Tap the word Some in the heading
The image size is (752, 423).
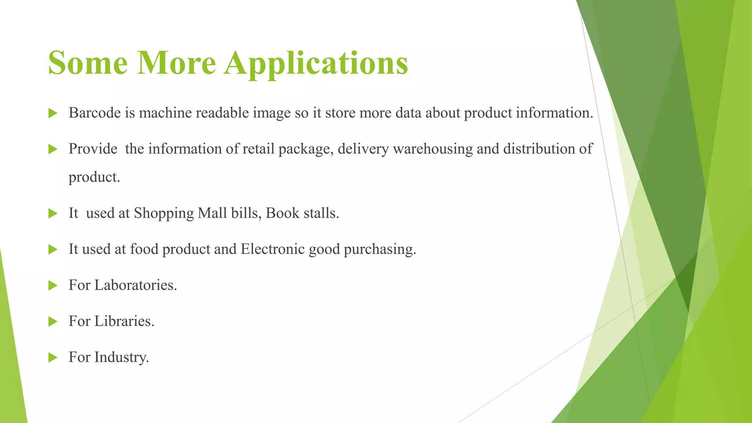click(x=88, y=63)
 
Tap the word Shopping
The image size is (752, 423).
click(x=163, y=213)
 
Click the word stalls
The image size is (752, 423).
click(x=321, y=213)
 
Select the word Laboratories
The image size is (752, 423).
click(x=135, y=285)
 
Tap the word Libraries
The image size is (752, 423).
click(x=124, y=321)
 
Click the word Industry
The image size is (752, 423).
click(x=122, y=357)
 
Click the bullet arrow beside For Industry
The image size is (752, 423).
click(x=53, y=357)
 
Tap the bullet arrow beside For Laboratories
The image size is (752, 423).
click(x=53, y=285)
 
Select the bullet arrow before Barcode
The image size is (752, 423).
click(x=53, y=113)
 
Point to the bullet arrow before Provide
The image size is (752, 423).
click(x=53, y=149)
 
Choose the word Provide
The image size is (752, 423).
click(x=93, y=149)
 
